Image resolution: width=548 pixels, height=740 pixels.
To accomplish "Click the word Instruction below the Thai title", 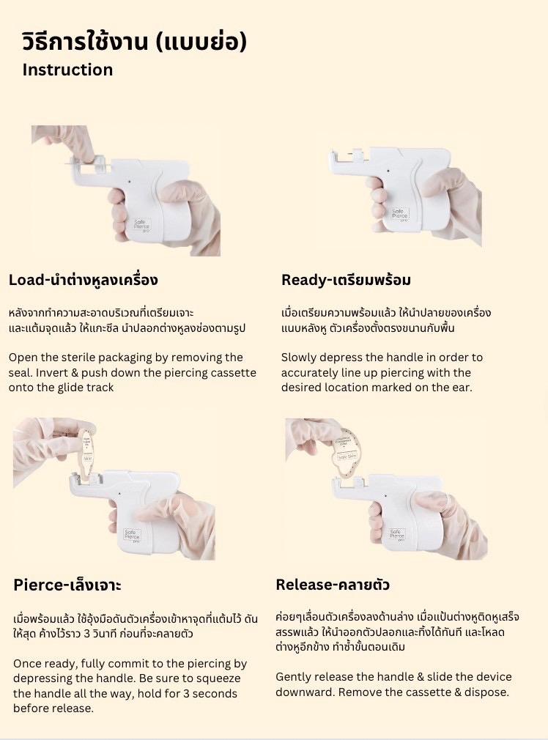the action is [x=67, y=70].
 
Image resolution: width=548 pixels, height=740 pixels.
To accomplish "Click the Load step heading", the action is [x=83, y=280].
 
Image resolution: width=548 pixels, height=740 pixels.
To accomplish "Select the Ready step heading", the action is [x=346, y=280].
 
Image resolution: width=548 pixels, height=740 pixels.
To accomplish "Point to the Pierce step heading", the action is [x=67, y=585].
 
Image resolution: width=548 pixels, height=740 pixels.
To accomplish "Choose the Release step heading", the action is [x=333, y=585].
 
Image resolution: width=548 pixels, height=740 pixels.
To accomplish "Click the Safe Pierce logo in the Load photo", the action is [x=141, y=224].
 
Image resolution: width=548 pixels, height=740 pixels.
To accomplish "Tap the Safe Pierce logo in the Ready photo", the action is [x=399, y=214].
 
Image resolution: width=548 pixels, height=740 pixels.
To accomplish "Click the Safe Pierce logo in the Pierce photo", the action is [x=132, y=535].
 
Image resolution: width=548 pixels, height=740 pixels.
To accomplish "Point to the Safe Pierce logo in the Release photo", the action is [x=397, y=534].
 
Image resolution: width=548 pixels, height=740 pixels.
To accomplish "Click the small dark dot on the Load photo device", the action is [x=130, y=180].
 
